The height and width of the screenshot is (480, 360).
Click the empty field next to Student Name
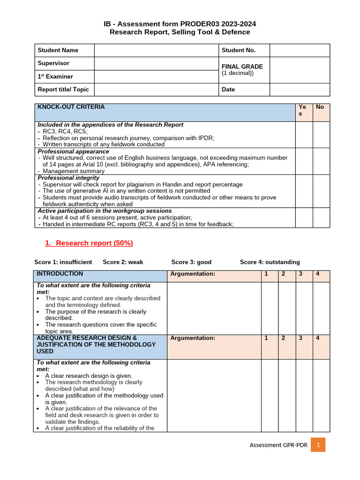click(157, 50)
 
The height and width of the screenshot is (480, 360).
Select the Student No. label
click(239, 50)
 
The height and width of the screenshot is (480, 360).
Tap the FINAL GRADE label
click(242, 67)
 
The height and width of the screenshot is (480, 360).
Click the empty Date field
click(300, 90)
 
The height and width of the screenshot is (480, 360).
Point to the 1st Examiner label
click(55, 76)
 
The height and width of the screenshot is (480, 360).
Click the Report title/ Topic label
click(63, 90)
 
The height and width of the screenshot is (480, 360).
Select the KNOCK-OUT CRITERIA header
click(71, 107)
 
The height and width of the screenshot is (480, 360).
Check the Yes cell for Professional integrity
click(304, 191)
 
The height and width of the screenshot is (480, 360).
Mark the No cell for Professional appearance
click(321, 161)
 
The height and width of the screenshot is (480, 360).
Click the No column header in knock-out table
click(320, 107)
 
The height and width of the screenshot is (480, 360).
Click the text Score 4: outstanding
click(270, 262)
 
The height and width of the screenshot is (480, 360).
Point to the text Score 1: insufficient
click(63, 262)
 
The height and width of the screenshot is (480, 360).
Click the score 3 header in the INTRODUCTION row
click(300, 274)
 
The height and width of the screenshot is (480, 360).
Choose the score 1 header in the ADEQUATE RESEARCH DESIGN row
click(266, 338)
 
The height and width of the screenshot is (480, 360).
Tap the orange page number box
click(318, 445)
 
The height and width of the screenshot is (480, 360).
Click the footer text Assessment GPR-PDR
click(278, 445)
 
